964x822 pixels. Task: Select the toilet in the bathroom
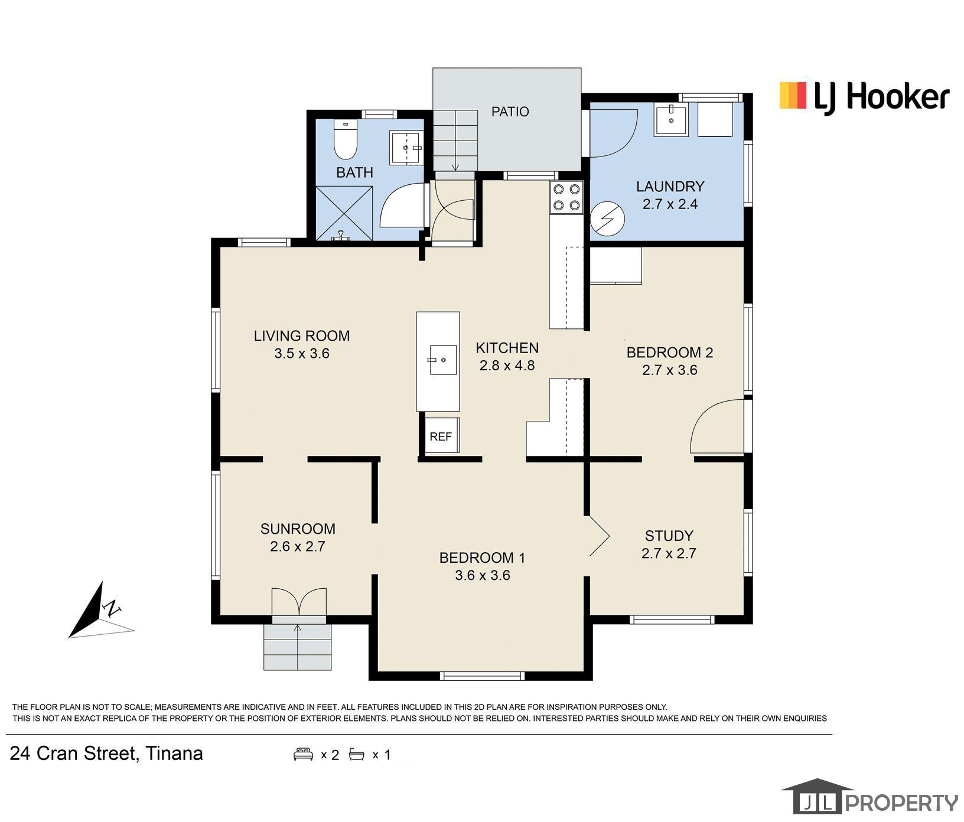pos(345,139)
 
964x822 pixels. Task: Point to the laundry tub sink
pos(671,120)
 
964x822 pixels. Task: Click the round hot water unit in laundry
pos(608,219)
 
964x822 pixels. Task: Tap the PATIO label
pos(510,112)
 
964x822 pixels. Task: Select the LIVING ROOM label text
pos(302,336)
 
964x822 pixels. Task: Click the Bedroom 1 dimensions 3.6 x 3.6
pos(483,575)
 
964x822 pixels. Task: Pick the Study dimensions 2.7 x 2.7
pos(669,553)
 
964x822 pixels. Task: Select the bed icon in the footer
pos(303,754)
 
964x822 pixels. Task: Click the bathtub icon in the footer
pos(357,754)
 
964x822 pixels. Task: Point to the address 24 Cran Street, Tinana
pos(107,753)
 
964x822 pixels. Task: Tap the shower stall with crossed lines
pos(344,213)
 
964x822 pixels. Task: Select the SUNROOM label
pos(298,529)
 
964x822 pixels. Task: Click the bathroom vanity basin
pos(406,148)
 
